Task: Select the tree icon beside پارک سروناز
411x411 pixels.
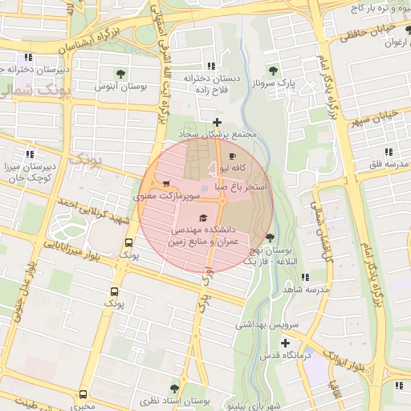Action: [274, 70]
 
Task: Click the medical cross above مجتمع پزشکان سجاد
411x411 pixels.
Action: [216, 121]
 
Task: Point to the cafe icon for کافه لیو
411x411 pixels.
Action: [233, 156]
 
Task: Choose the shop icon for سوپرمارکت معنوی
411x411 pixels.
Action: [166, 183]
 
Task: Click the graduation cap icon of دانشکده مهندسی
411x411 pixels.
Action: [203, 218]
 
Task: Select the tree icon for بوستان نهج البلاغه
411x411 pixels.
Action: [269, 237]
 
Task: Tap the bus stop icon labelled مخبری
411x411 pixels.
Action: [83, 394]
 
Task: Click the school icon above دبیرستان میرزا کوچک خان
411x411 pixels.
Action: [30, 153]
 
